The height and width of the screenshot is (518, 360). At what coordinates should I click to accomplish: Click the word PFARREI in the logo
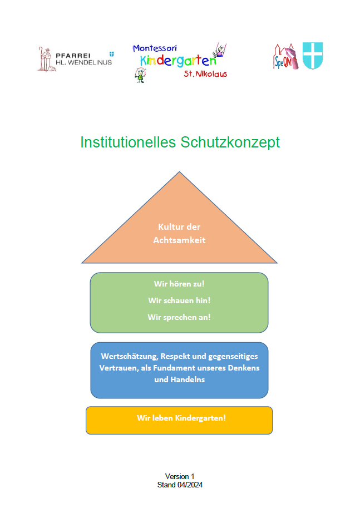(x=73, y=56)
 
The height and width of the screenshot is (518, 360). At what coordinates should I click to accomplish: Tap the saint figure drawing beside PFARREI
(x=46, y=59)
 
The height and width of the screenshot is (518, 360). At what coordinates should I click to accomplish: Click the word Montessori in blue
(x=155, y=48)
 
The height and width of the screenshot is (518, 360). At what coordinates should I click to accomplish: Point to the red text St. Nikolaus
(x=205, y=73)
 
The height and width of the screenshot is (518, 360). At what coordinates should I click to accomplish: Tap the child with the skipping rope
(x=140, y=75)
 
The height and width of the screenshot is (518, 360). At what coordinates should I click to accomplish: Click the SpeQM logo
(x=285, y=57)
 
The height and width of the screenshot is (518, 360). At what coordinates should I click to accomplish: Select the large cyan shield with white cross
(x=313, y=56)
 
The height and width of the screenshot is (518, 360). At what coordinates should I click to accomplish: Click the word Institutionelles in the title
(x=128, y=142)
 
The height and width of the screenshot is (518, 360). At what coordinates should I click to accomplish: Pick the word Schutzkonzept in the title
(x=230, y=142)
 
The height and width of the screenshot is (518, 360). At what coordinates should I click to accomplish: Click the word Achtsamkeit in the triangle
(x=179, y=240)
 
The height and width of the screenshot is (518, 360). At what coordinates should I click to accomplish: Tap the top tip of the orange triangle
(x=179, y=172)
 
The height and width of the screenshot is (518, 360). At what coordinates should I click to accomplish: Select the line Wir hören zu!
(x=179, y=284)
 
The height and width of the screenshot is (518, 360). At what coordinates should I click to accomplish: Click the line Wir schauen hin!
(x=179, y=300)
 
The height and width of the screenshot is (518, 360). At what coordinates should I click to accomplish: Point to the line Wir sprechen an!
(x=179, y=317)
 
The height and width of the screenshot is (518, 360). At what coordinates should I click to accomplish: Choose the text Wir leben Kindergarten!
(x=181, y=418)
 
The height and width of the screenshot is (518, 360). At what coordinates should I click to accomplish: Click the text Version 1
(x=180, y=476)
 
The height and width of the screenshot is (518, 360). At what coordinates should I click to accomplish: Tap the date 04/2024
(x=190, y=485)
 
